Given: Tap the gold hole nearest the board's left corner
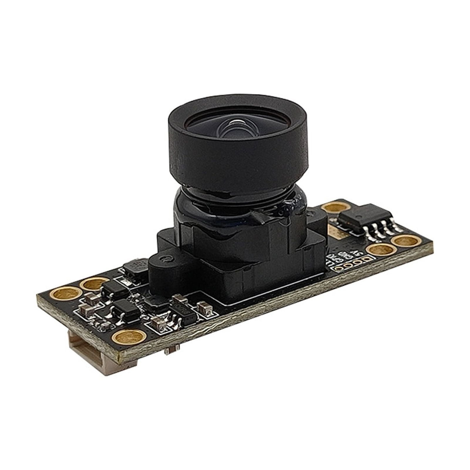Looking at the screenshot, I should point(66,293).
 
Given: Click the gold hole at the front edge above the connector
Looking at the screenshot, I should point(129,337).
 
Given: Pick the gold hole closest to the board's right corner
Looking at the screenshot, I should point(406,241).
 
